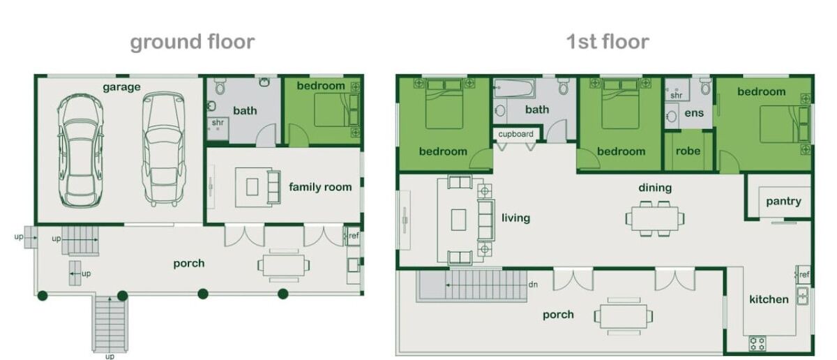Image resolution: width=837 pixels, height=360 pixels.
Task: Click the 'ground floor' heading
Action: [x=192, y=42]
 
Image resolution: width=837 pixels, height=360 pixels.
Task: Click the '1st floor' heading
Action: [x=608, y=41]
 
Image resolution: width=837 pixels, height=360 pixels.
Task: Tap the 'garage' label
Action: [x=121, y=87]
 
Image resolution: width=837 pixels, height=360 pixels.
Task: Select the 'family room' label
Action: [x=320, y=186]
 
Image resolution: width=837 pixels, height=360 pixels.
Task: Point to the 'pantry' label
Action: [x=783, y=202]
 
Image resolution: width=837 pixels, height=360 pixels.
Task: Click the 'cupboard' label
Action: [x=515, y=134]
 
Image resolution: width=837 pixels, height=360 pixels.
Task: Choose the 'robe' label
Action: [x=688, y=151]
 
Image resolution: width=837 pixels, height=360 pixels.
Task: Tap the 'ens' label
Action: [x=694, y=113]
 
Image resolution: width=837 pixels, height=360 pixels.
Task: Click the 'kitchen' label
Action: [x=769, y=299]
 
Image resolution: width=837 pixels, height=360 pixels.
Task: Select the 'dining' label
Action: [x=655, y=188]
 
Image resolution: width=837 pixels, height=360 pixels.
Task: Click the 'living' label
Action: [x=515, y=218]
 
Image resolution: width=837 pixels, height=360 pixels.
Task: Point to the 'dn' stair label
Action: [x=533, y=285]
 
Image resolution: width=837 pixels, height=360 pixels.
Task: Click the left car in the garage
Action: [x=80, y=150]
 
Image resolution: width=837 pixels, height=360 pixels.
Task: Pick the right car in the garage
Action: [x=163, y=149]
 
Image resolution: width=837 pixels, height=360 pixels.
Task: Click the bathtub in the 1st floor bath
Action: [x=514, y=88]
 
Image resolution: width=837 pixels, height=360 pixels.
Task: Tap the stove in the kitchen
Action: [x=757, y=343]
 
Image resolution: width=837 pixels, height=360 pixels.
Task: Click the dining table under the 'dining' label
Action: [x=655, y=218]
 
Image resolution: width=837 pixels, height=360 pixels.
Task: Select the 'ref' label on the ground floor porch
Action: [x=354, y=236]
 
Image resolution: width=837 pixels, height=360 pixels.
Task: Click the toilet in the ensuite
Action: [x=704, y=87]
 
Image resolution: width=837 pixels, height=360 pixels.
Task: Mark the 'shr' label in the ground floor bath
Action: [x=218, y=122]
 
